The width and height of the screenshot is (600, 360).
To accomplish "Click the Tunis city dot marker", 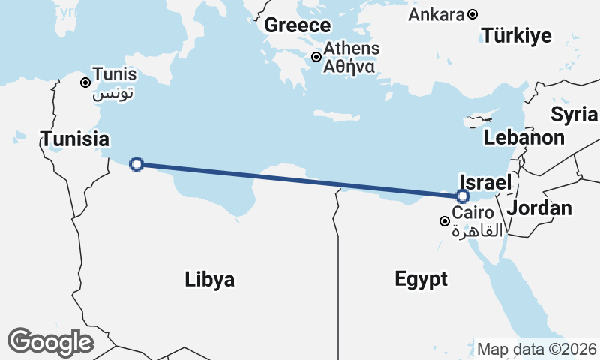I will point(86,82).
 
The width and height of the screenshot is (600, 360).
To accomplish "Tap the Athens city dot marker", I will point(316,57).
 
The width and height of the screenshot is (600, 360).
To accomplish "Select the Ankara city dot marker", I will point(472,14).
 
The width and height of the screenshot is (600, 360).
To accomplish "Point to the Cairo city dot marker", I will point(445,221).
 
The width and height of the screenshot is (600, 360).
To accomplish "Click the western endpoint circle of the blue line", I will point(136,164).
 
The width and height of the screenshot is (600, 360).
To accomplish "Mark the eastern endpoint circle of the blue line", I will point(463,196).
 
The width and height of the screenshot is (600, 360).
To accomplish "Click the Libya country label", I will point(210,280).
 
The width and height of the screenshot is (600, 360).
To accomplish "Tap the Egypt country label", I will point(421,280).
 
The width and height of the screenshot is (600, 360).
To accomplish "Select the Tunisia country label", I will point(75,139).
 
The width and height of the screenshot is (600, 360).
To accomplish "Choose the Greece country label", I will point(297,25).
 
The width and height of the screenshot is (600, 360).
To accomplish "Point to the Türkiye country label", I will point(517,35).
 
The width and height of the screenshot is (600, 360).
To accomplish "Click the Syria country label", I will point(574,114).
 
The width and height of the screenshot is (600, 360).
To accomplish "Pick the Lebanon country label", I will point(524,137).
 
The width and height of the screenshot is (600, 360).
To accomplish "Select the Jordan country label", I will point(540,208).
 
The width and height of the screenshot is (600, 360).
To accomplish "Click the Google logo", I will point(50,341).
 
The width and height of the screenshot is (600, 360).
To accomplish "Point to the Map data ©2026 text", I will point(536,349).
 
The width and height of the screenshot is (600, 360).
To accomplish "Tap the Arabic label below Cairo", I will point(478,231).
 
